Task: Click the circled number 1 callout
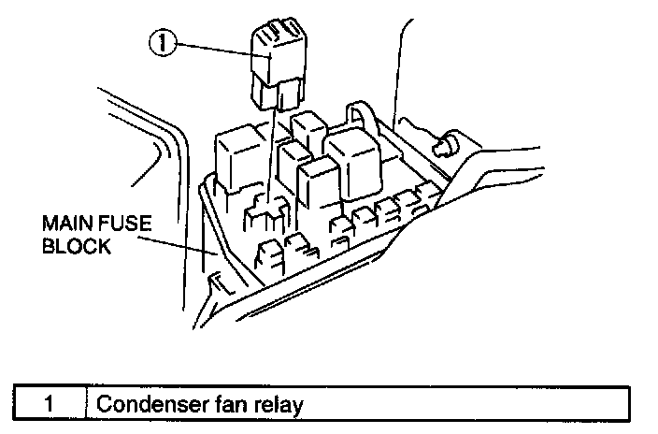162,43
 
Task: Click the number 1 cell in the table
51,404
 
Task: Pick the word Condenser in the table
144,404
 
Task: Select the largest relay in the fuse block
350,161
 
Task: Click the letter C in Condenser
104,404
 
